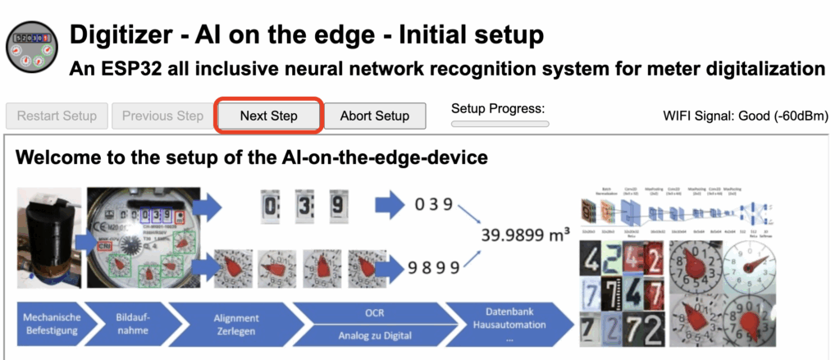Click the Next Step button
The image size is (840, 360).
click(x=268, y=116)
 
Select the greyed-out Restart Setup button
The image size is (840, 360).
click(x=57, y=116)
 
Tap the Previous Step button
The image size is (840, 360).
click(x=162, y=116)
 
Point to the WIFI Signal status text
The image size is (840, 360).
click(x=745, y=116)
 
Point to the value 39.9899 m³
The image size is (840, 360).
click(x=526, y=236)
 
